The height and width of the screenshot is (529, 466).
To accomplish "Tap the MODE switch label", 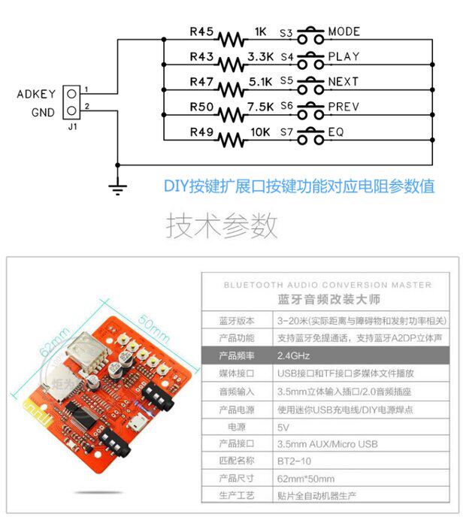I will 343,32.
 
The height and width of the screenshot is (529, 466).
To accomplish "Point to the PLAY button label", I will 343,57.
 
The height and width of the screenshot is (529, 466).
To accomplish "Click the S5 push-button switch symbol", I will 308,82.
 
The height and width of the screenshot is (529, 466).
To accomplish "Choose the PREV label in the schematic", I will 343,107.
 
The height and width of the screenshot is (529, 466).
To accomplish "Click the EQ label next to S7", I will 335,131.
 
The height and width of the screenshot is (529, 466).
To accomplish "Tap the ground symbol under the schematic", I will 117,187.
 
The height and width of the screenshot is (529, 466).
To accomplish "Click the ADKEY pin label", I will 36,95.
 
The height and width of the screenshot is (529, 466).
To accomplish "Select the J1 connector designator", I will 72,127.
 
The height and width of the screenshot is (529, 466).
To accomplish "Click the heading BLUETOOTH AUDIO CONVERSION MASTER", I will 328,285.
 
